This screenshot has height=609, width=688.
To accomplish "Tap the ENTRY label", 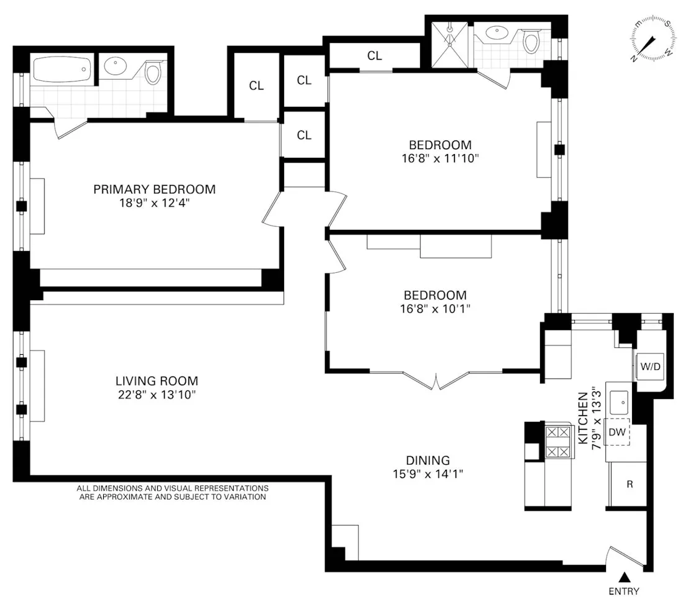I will point(623,592).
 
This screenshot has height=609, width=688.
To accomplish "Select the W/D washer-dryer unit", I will point(650,367).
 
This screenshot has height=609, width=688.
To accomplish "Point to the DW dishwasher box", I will point(617,433).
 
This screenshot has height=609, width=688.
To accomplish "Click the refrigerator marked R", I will point(628,484).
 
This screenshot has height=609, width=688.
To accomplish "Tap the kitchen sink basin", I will point(620,402).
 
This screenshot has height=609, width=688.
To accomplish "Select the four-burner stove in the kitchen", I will point(557,442).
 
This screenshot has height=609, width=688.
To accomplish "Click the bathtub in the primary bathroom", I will point(62,70).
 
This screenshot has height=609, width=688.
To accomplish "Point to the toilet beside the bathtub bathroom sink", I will point(153,71).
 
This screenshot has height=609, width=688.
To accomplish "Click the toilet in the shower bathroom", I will point(531,42).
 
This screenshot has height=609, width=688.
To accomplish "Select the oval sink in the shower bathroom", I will point(497,34).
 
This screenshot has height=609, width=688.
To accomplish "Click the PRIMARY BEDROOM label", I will point(154,189).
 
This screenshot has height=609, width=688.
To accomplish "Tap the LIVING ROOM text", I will point(157,381).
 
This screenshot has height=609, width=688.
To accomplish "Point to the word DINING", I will point(428,460).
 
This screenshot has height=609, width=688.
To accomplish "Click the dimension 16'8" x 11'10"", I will point(440,158).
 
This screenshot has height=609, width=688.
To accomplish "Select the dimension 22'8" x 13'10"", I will point(157,395).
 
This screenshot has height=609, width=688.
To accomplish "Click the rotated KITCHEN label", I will point(584,418).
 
